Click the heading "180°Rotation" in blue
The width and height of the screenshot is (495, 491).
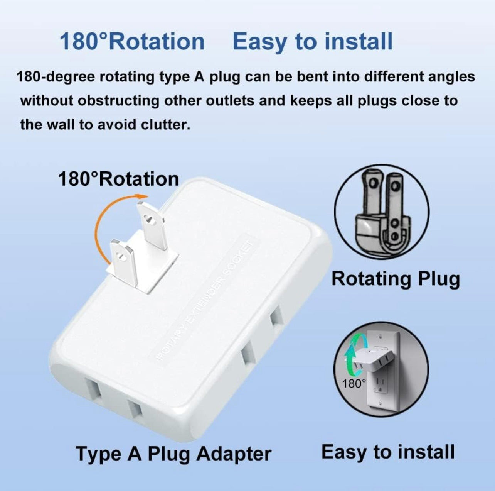pos(132,42)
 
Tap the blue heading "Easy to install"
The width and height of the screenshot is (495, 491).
pos(313,42)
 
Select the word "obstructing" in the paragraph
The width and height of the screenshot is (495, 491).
pos(118,101)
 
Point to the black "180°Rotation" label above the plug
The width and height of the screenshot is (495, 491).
pos(118,179)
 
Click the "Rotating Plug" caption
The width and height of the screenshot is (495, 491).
pos(396,279)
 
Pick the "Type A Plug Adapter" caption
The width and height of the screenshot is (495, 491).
pos(173,453)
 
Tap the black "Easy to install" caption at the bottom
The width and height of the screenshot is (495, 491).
pos(388,452)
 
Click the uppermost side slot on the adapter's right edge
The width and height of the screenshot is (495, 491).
pos(277,318)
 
